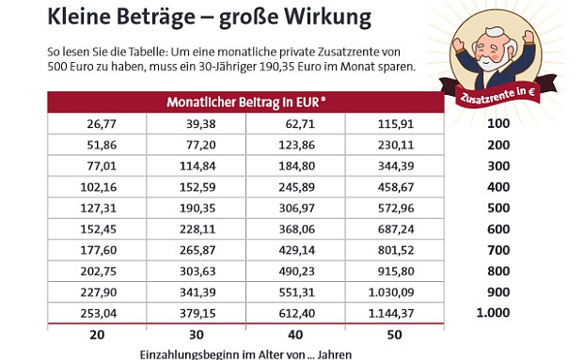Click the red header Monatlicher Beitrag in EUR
coord(246,101)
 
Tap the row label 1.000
coord(495,313)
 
